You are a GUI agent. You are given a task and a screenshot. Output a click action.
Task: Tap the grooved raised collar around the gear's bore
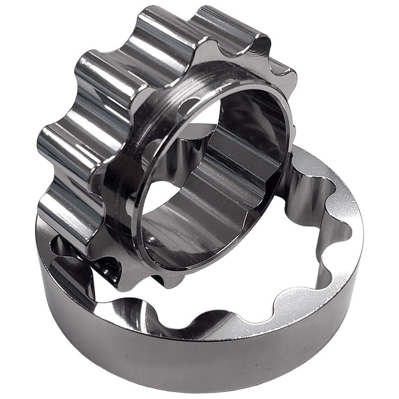coord(150,150)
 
